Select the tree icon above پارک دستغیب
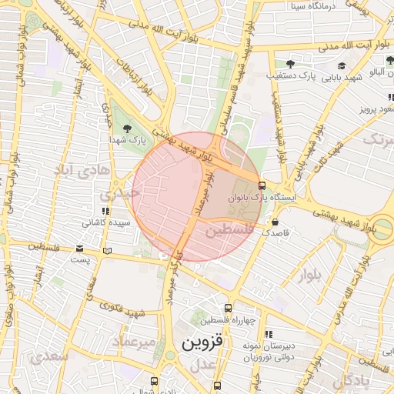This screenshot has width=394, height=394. (290, 64)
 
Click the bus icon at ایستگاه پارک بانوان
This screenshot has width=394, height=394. (262, 185)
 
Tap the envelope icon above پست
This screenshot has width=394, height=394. (80, 249)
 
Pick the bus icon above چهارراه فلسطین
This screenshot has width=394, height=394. (227, 309)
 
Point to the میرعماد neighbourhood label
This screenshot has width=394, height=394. (134, 340)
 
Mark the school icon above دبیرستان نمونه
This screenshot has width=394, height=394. (268, 334)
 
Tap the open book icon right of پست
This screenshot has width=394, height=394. (107, 251)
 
